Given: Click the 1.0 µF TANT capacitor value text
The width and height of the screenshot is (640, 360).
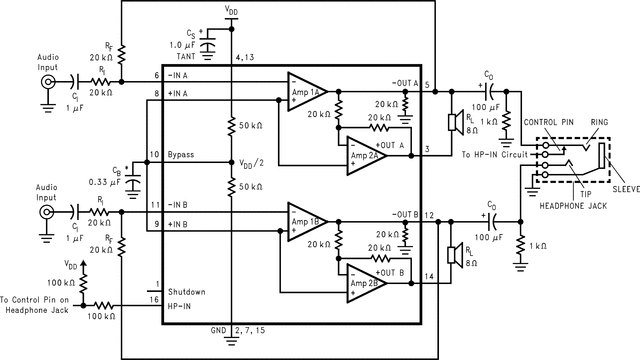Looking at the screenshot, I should coord(188,47).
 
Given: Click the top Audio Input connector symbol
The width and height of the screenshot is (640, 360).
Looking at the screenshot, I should coord(46,84).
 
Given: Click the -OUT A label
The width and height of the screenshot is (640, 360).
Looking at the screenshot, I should coord(404,83).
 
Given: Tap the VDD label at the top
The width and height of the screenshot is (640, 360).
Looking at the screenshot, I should coord(231,11).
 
